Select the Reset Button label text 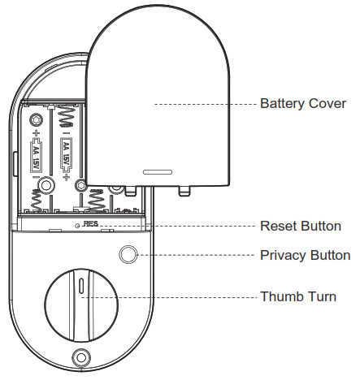click(x=300, y=226)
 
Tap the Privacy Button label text click(x=305, y=255)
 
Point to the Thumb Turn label click(x=297, y=296)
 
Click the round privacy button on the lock click(x=128, y=255)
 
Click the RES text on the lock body click(x=87, y=223)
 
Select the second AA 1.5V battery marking click(x=67, y=155)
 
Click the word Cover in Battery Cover click(x=327, y=105)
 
